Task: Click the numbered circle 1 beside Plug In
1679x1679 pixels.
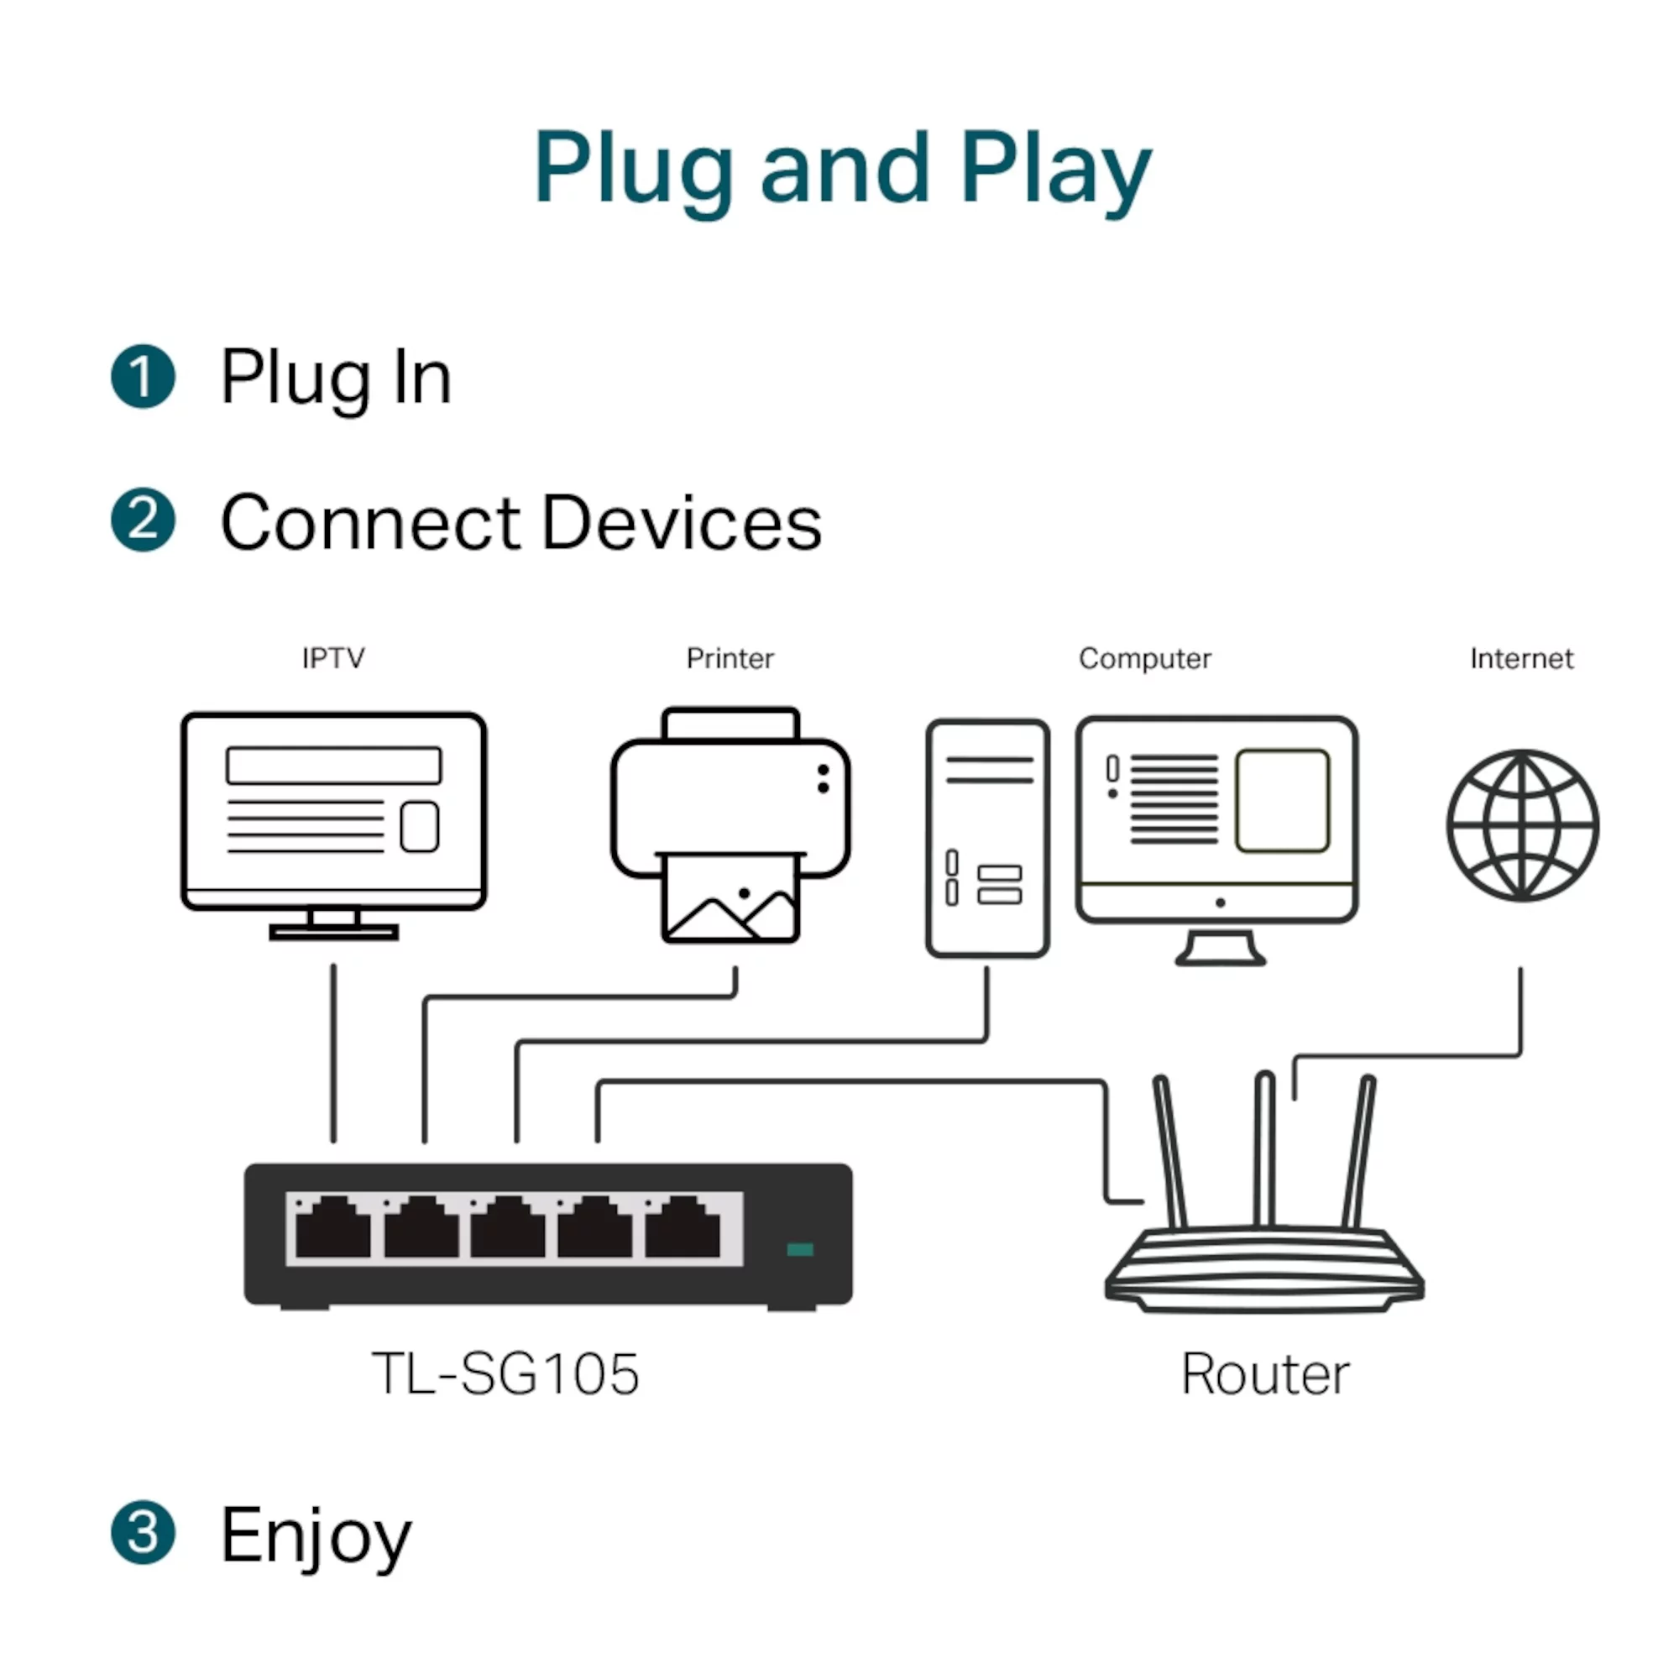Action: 144,376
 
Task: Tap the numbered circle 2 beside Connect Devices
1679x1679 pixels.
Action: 144,520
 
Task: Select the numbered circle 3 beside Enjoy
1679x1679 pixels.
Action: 144,1532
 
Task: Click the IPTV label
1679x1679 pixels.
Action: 332,658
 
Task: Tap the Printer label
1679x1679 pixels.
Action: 730,659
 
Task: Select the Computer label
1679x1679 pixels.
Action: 1144,659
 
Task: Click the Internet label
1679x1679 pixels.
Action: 1521,659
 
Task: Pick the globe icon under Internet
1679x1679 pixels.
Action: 1522,824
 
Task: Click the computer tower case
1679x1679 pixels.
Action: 987,838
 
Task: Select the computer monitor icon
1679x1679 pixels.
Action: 1216,821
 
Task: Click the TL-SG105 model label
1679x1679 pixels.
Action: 505,1374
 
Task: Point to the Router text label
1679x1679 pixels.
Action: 1264,1374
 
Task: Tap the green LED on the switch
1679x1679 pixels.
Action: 799,1250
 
